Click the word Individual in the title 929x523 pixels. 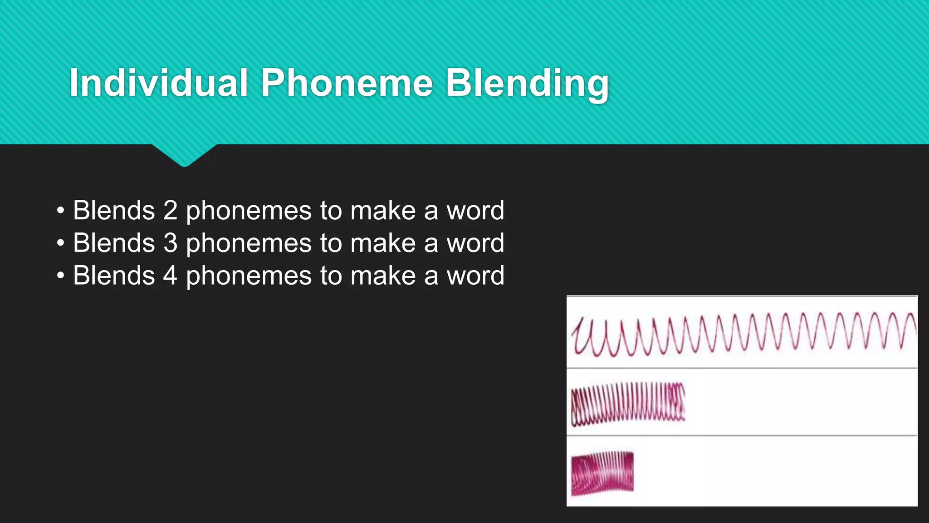[158, 83]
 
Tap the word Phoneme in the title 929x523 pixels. [347, 83]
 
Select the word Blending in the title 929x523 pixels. [527, 83]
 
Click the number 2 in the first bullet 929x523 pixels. [170, 210]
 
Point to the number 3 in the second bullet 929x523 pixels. [170, 243]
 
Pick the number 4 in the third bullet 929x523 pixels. [170, 276]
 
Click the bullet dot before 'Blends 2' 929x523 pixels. [61, 211]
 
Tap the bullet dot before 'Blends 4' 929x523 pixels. [61, 276]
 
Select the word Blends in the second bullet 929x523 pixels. [114, 243]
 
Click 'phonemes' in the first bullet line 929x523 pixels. [249, 211]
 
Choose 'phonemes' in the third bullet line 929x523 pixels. [249, 276]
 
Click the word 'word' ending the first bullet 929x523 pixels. [475, 210]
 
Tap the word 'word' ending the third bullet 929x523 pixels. [475, 276]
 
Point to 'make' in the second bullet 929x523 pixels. [383, 243]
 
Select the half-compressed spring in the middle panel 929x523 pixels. [628, 404]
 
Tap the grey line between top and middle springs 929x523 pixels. [742, 368]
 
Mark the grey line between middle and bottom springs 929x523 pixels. [742, 435]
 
